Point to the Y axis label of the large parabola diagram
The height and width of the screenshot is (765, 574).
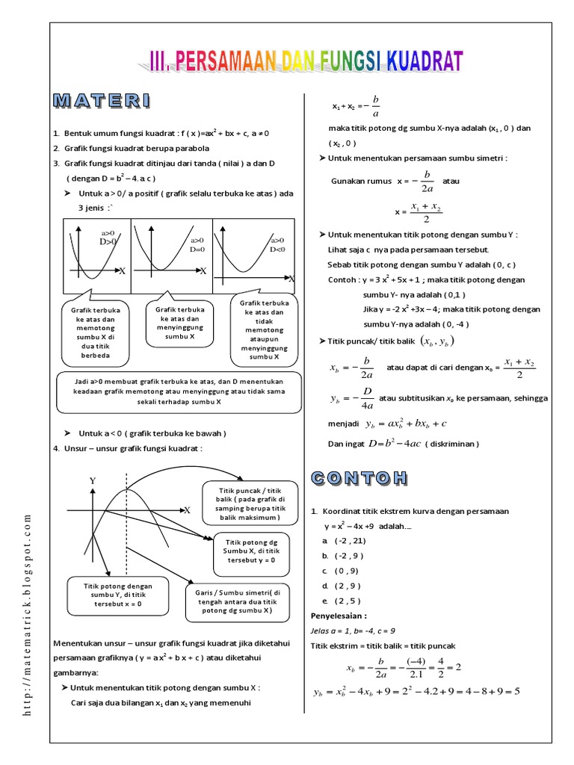click(93, 482)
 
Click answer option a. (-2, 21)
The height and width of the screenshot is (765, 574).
click(342, 539)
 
